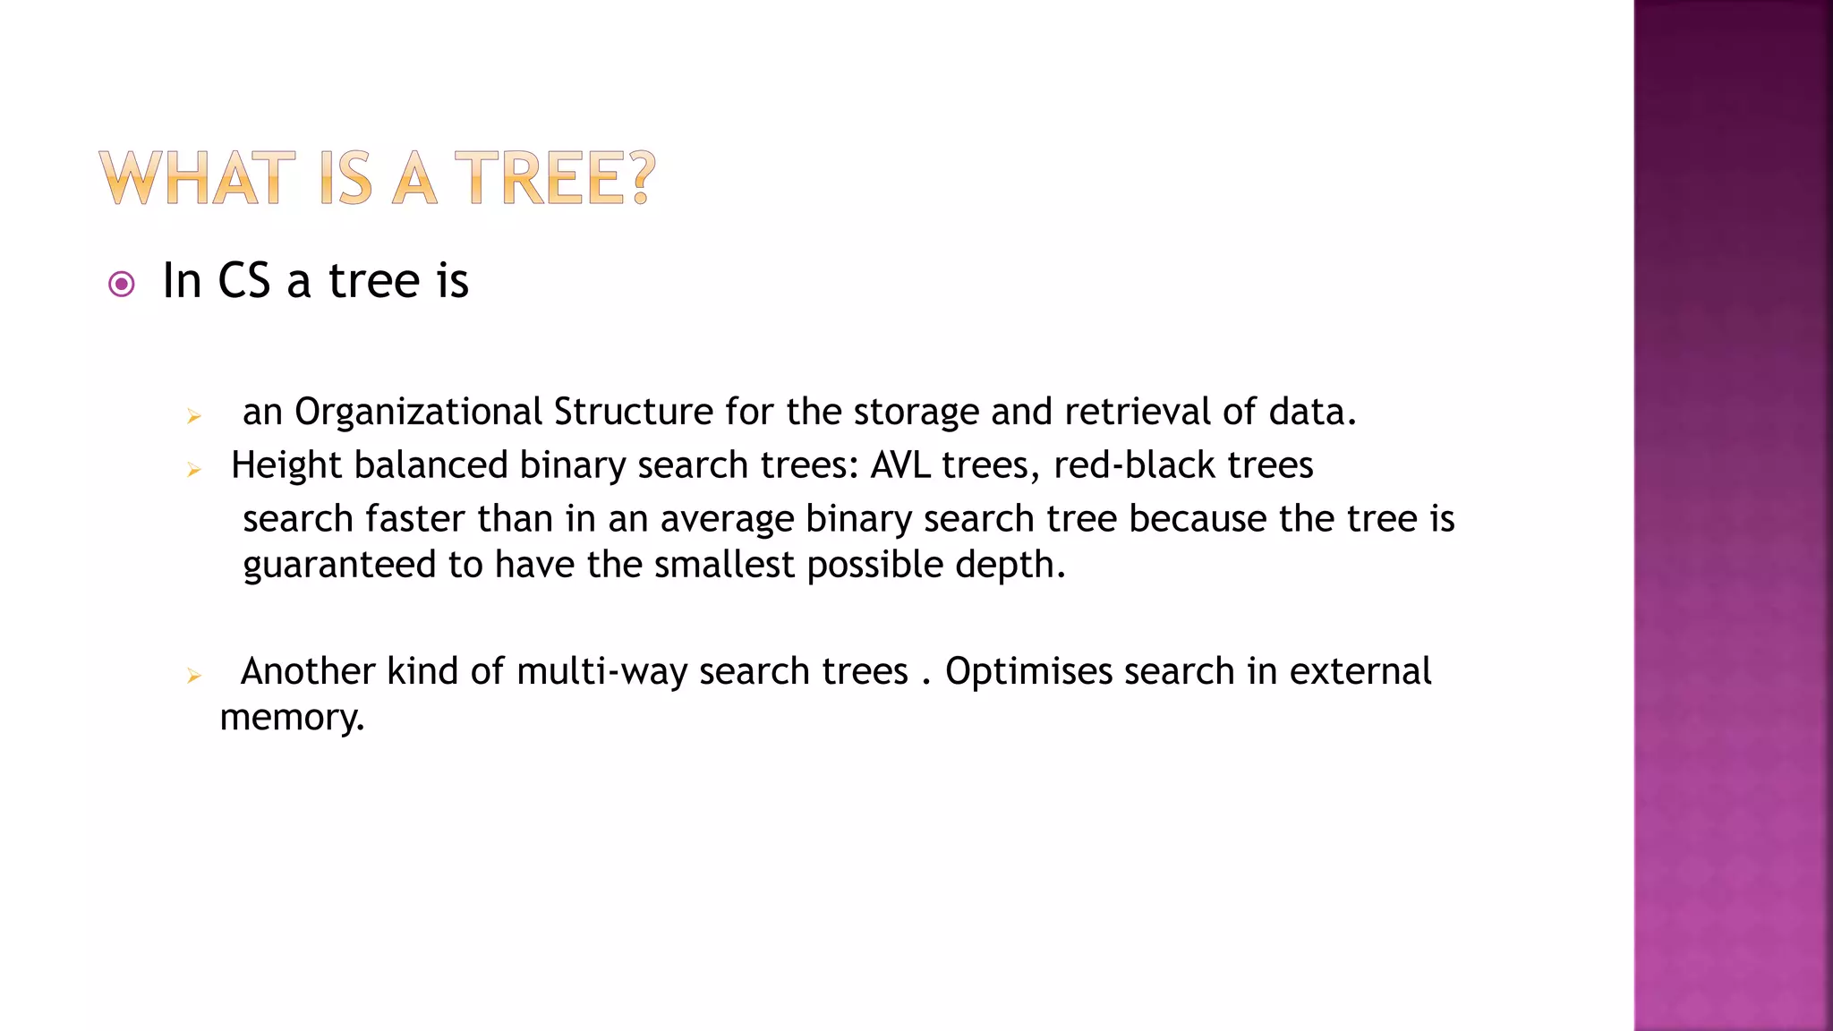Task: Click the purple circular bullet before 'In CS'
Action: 121,285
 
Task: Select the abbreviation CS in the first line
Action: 243,281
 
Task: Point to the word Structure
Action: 634,413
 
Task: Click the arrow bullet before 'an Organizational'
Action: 193,416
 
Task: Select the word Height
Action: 286,466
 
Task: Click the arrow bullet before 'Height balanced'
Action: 193,470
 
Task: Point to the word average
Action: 727,519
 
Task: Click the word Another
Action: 307,672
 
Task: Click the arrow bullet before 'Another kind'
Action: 193,676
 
